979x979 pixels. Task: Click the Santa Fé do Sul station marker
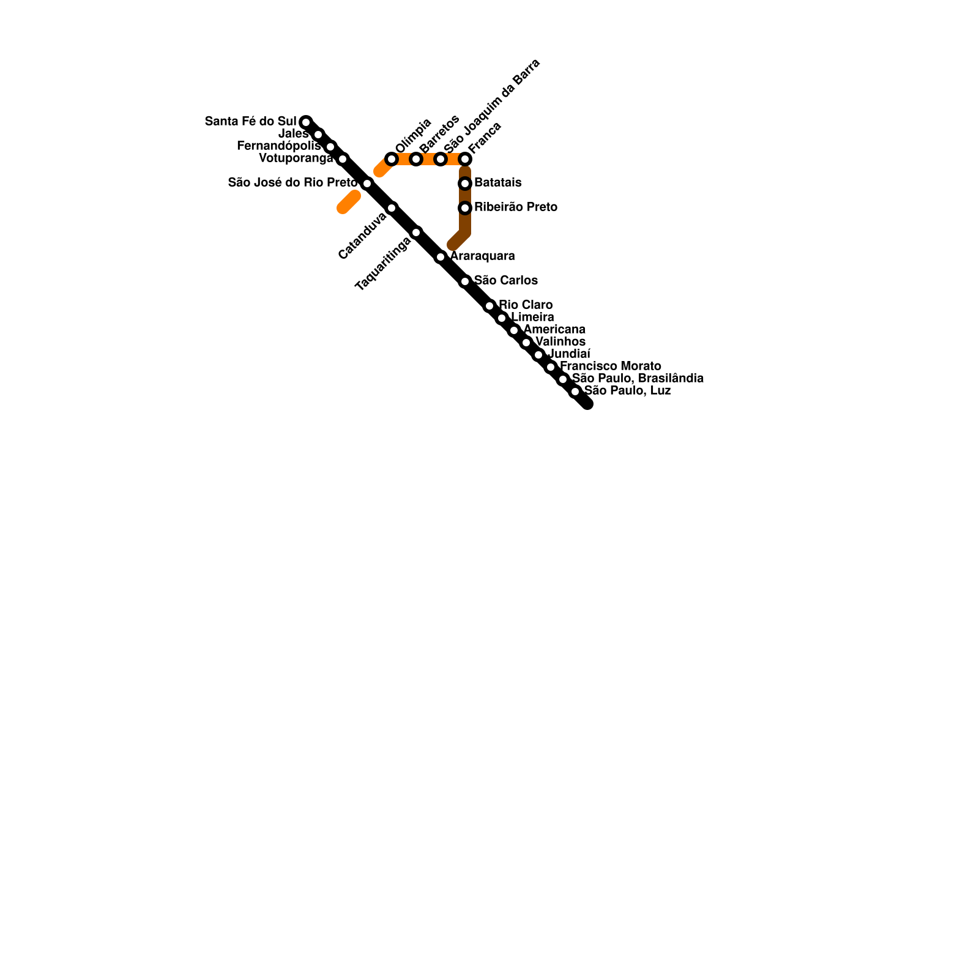click(x=306, y=122)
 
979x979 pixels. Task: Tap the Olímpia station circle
click(x=392, y=159)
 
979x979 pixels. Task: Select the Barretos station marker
click(x=416, y=159)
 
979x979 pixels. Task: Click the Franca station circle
click(x=465, y=159)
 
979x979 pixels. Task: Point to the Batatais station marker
click(x=465, y=184)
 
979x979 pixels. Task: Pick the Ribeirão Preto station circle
click(x=465, y=208)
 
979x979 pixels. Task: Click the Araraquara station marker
click(x=441, y=257)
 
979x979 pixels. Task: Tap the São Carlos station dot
click(x=465, y=281)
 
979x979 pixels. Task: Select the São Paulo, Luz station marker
click(x=575, y=392)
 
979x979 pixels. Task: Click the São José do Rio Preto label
click(x=292, y=182)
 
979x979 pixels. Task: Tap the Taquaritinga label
click(x=383, y=264)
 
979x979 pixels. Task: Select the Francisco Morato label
click(x=610, y=366)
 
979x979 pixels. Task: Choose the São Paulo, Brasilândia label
click(x=638, y=378)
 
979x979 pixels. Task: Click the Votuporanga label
click(x=296, y=158)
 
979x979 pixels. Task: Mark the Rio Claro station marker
click(x=489, y=306)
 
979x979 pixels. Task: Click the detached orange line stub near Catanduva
click(x=348, y=203)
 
